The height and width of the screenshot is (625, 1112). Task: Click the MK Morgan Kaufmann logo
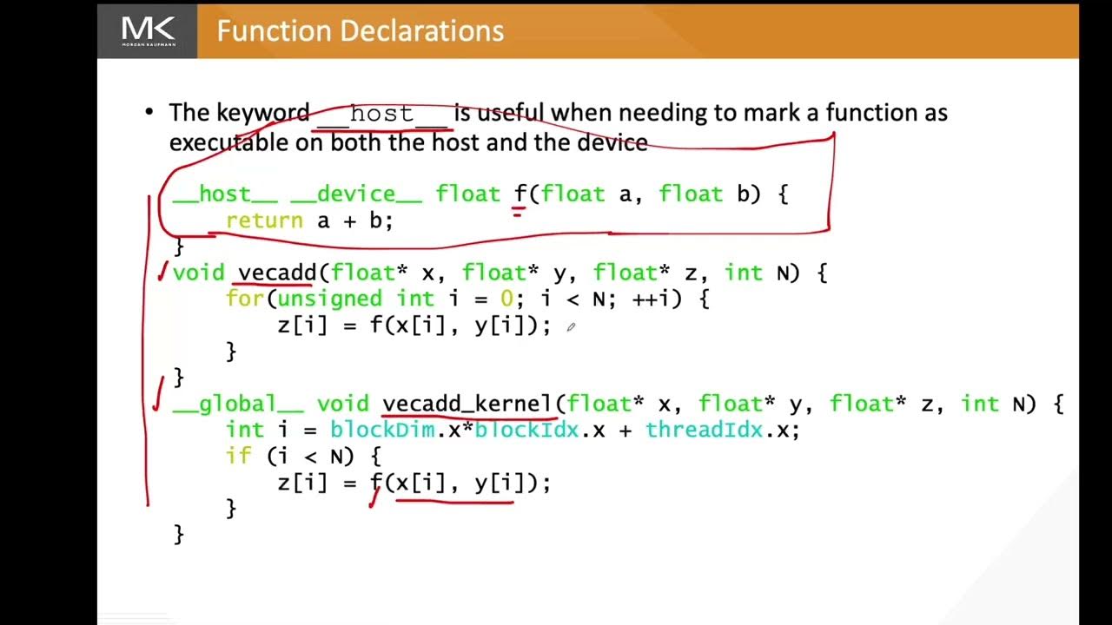148,31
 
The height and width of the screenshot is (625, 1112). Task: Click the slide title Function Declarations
360,31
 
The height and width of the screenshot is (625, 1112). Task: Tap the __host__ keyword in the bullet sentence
382,114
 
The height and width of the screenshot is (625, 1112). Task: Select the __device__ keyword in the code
356,194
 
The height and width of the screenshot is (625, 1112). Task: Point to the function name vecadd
277,273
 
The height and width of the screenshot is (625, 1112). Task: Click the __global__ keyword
238,404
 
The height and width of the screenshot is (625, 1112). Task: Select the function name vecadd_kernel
467,404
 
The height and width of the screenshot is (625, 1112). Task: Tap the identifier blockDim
382,430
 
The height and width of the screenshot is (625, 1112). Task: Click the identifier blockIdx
526,430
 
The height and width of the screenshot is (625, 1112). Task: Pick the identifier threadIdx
704,430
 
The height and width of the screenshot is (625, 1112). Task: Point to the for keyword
245,299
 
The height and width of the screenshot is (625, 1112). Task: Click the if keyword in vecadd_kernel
238,456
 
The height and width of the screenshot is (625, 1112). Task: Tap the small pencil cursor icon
571,327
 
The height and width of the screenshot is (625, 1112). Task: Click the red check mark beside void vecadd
162,273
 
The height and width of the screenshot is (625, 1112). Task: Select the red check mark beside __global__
157,393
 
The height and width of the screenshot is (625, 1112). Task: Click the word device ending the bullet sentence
616,142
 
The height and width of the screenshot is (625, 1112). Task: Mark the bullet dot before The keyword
149,112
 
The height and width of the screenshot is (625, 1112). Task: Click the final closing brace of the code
179,534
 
